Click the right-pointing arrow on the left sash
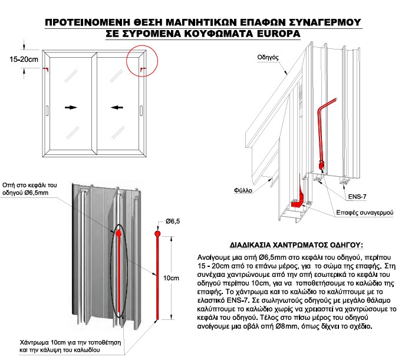pyautogui.click(x=71, y=108)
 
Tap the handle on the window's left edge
pyautogui.click(x=47, y=110)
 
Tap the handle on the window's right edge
pyautogui.click(x=141, y=110)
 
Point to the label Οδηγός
pyautogui.click(x=268, y=58)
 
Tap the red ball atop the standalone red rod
pyautogui.click(x=157, y=234)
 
